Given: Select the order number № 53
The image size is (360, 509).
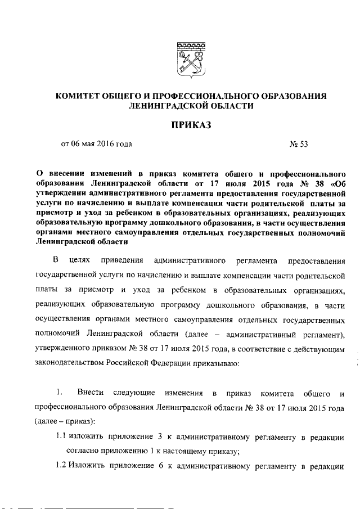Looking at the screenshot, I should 298,144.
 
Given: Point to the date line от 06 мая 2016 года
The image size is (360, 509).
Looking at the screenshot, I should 97,144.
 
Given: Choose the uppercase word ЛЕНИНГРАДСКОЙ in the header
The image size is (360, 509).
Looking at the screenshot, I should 163,105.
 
